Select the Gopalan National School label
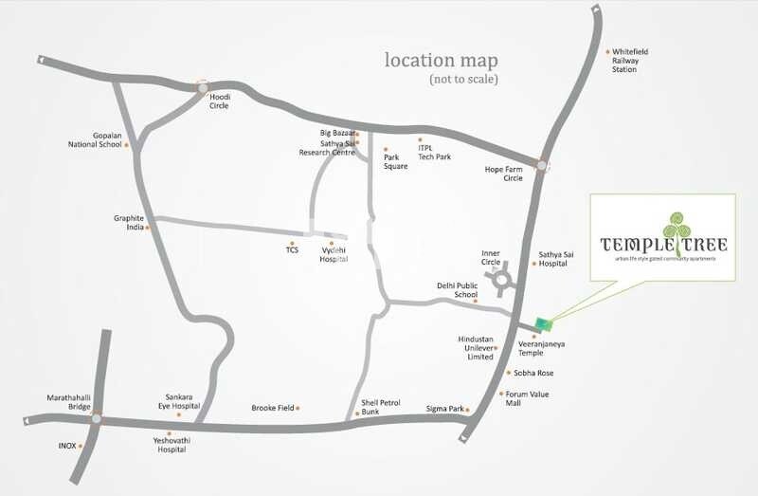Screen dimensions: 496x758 [96, 140]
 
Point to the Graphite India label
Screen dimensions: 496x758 [129, 222]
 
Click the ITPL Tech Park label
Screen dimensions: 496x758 [436, 152]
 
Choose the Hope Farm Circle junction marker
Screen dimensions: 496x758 [541, 166]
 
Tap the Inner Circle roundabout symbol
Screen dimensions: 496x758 [499, 280]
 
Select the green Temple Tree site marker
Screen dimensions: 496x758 [540, 323]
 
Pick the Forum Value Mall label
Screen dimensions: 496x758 [527, 398]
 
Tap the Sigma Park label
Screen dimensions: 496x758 [444, 409]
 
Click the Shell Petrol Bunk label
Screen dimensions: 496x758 [381, 408]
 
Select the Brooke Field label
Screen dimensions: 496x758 [273, 409]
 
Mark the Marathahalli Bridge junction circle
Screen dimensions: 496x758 [97, 417]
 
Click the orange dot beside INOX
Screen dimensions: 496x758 [81, 444]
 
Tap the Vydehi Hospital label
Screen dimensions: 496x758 [334, 253]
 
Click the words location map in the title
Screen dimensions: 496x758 [442, 60]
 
